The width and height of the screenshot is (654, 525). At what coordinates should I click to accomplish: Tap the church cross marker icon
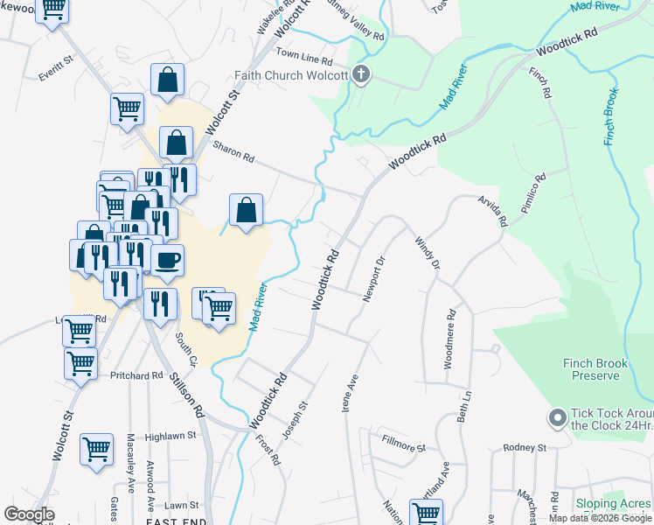pos(361,76)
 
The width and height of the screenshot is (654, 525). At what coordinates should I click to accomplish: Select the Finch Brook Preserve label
pos(595,369)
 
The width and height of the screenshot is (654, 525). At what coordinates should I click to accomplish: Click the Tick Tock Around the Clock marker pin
pos(557,418)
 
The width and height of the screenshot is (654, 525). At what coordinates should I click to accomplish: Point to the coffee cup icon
pos(167,259)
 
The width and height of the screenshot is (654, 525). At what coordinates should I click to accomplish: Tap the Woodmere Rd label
pos(449,338)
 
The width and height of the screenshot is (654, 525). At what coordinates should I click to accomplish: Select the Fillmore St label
pos(403,443)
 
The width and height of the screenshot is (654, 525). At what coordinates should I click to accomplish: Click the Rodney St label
pos(525,448)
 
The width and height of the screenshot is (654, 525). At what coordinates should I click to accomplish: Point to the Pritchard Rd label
pos(136,374)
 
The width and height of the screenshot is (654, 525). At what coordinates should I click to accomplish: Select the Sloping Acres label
pos(613,504)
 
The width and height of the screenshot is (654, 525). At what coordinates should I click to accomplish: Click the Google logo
pos(29,514)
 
